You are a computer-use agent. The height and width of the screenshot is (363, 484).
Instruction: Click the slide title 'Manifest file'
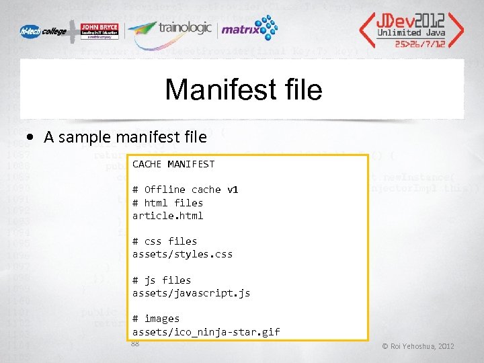243,89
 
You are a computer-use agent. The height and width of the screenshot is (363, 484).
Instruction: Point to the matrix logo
249,29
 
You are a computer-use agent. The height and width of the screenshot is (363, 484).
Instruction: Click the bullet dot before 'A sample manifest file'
32,137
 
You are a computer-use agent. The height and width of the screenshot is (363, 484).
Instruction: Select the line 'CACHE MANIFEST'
173,164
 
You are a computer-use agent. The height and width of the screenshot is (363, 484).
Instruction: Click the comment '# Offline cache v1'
185,190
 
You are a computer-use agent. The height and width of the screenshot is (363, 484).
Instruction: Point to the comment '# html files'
167,202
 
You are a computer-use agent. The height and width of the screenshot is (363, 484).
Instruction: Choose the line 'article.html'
167,215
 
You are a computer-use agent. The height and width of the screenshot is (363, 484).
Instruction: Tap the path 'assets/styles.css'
182,254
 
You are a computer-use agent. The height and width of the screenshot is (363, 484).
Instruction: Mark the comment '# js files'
161,280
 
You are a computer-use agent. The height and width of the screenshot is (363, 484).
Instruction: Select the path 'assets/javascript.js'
191,293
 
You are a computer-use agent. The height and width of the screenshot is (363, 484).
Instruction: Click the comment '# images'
156,319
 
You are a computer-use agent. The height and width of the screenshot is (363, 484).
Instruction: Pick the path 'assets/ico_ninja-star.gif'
206,331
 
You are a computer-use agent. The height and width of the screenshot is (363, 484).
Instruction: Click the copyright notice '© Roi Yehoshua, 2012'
418,346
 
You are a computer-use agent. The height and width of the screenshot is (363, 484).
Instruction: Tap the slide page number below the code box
135,344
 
